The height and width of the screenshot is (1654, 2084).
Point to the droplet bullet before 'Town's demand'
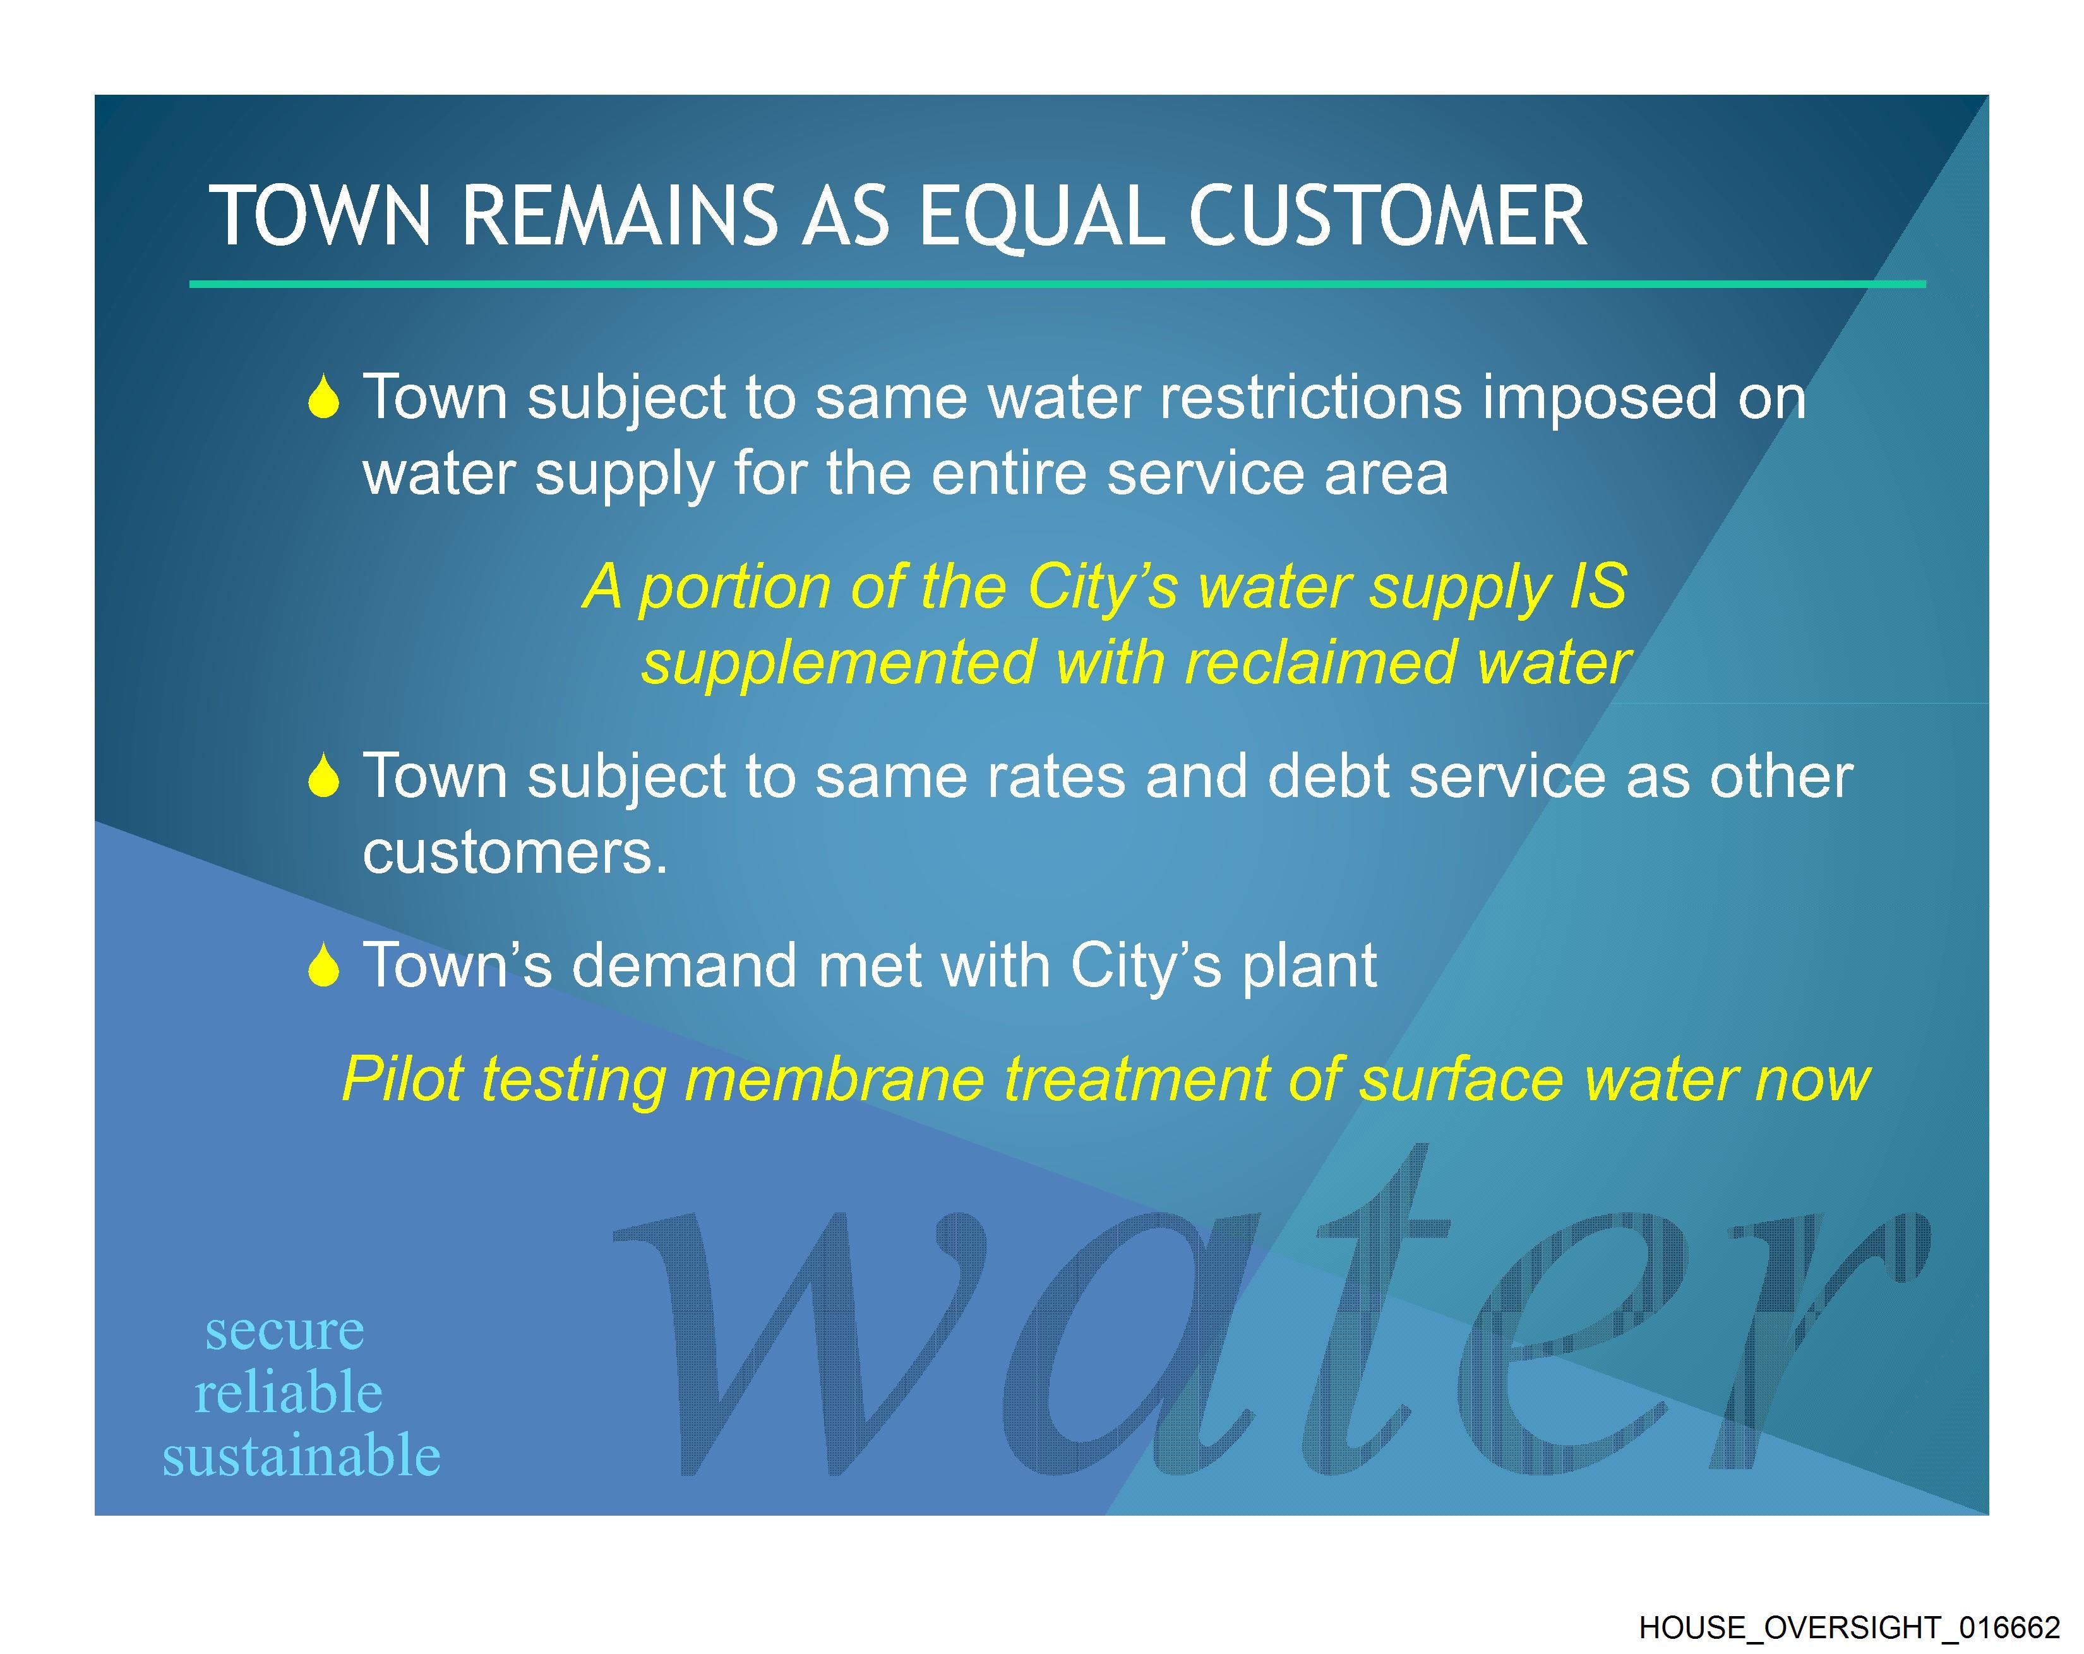[324, 965]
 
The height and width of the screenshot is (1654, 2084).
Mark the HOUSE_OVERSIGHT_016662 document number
[1849, 1628]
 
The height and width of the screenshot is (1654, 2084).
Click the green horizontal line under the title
[1057, 284]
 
